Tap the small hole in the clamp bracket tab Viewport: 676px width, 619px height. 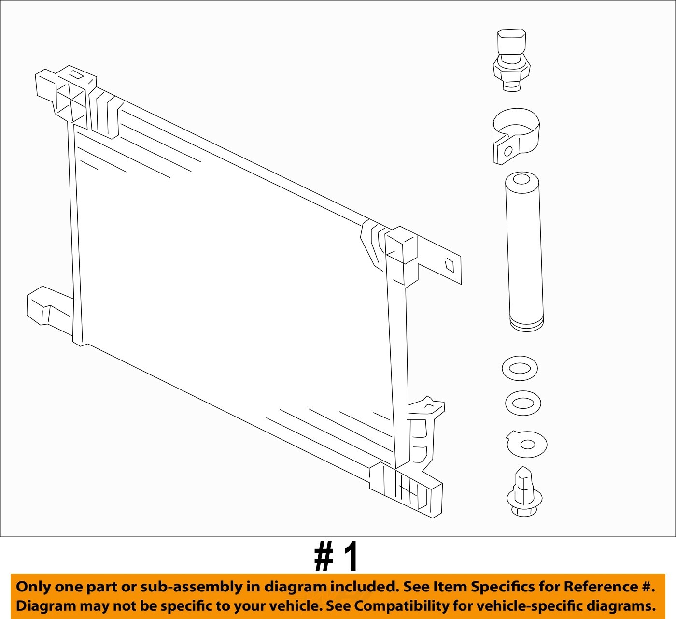[508, 151]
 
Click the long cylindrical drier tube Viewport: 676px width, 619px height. [524, 251]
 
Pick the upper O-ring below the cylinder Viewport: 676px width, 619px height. [520, 368]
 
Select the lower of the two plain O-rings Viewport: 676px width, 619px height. [522, 403]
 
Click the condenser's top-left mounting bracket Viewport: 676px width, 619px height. [65, 94]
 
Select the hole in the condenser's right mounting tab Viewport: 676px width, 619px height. [450, 265]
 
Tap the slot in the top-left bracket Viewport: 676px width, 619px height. [76, 74]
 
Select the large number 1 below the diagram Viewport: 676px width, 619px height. [351, 557]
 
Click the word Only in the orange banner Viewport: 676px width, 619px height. [33, 587]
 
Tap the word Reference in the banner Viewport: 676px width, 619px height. [601, 587]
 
